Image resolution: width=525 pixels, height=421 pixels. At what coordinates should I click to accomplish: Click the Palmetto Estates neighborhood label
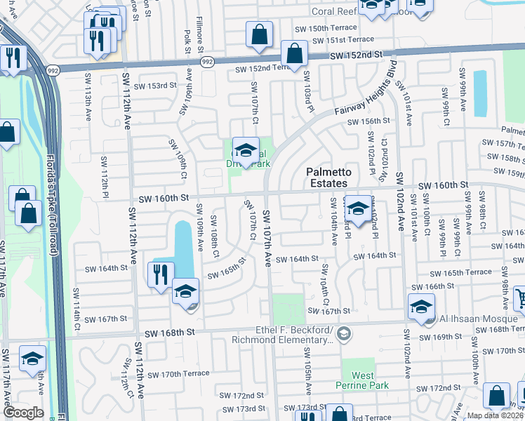coord(326,178)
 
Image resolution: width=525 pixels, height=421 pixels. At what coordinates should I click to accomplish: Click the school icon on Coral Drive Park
coord(246,151)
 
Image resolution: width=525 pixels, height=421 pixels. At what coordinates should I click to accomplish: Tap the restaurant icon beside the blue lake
coord(161,273)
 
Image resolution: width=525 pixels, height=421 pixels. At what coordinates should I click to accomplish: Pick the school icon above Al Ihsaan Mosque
coord(421,307)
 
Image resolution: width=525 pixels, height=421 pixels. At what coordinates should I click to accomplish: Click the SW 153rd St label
coord(152,86)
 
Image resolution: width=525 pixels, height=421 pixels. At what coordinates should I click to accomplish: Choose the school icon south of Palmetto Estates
coord(358,208)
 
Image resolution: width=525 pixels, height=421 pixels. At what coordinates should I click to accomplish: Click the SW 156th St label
coord(370,121)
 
